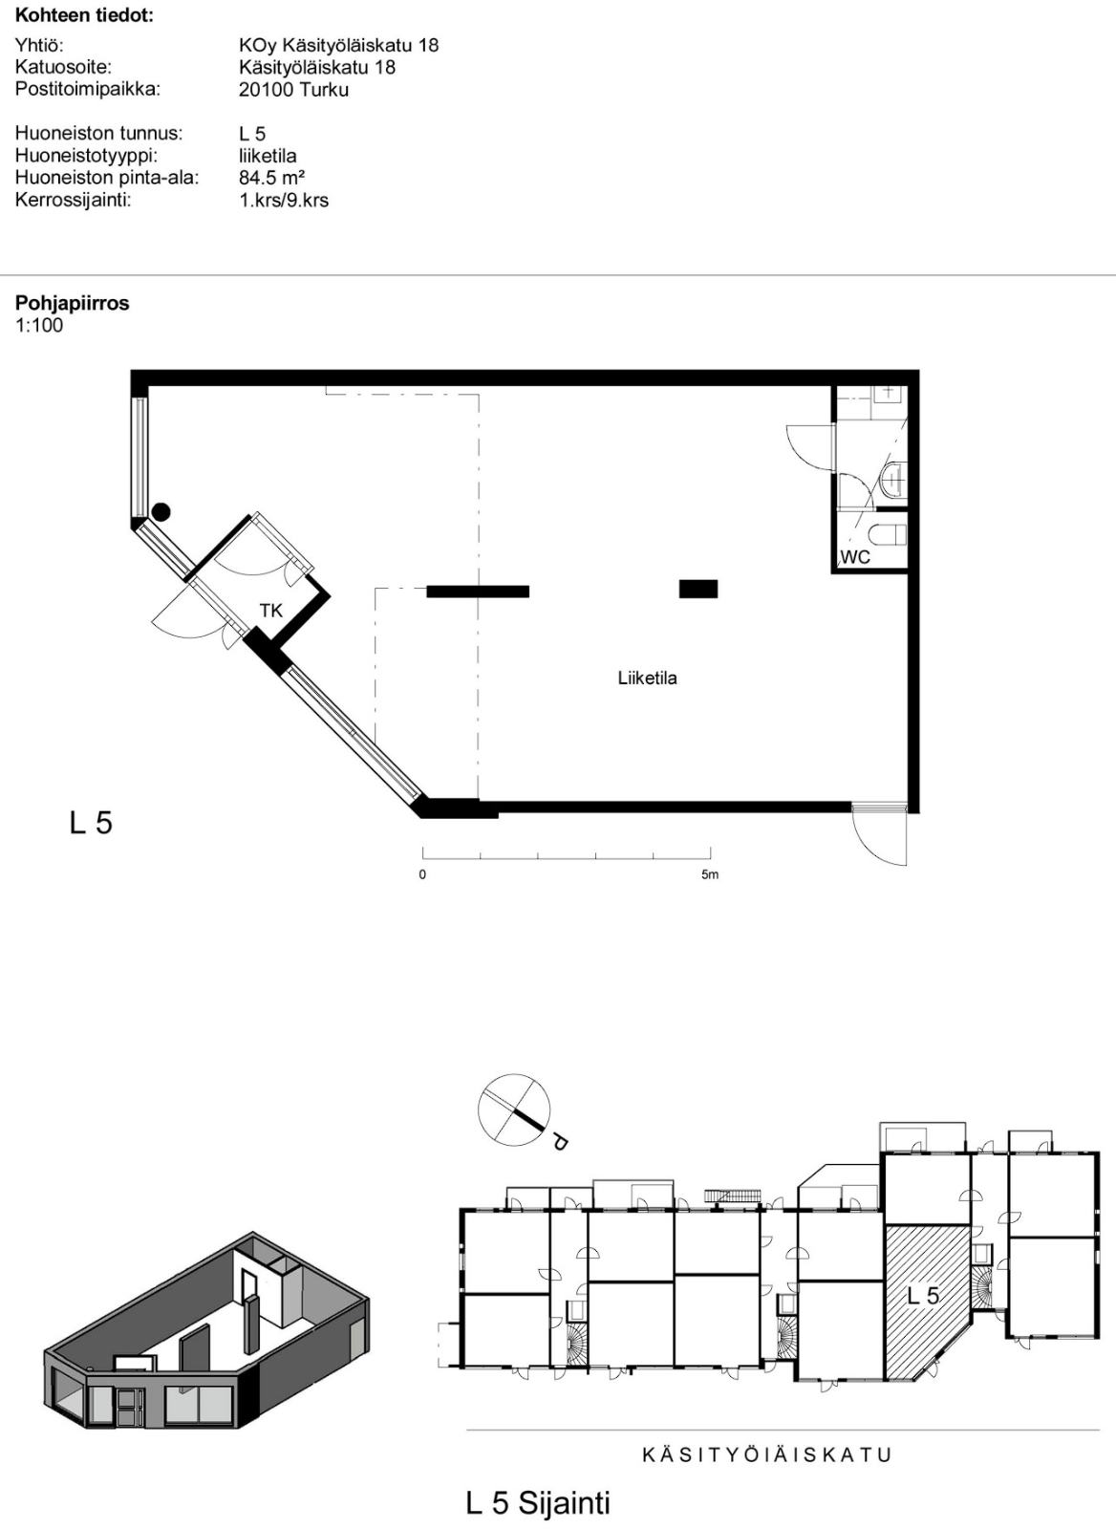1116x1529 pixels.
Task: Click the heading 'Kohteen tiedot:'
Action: click(85, 15)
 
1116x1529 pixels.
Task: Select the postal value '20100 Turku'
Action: click(293, 90)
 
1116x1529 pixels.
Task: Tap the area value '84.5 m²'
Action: click(271, 178)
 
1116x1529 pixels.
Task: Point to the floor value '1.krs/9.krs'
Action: click(284, 201)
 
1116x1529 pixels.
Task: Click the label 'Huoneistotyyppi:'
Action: click(87, 156)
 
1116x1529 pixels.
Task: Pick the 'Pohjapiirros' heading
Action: click(73, 303)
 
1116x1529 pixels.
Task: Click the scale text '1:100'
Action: click(39, 325)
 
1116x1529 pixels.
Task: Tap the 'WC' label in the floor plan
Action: click(855, 558)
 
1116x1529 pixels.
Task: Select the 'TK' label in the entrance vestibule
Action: click(271, 611)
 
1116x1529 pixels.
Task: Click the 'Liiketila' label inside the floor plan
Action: click(647, 678)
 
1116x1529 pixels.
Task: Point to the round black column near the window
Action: click(161, 512)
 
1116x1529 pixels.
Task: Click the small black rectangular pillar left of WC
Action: click(698, 589)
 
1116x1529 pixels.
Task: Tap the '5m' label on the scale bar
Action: click(710, 875)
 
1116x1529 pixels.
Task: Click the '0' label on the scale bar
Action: click(422, 875)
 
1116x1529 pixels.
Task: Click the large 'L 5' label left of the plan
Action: click(91, 823)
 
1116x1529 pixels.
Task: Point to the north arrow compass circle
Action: click(514, 1110)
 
